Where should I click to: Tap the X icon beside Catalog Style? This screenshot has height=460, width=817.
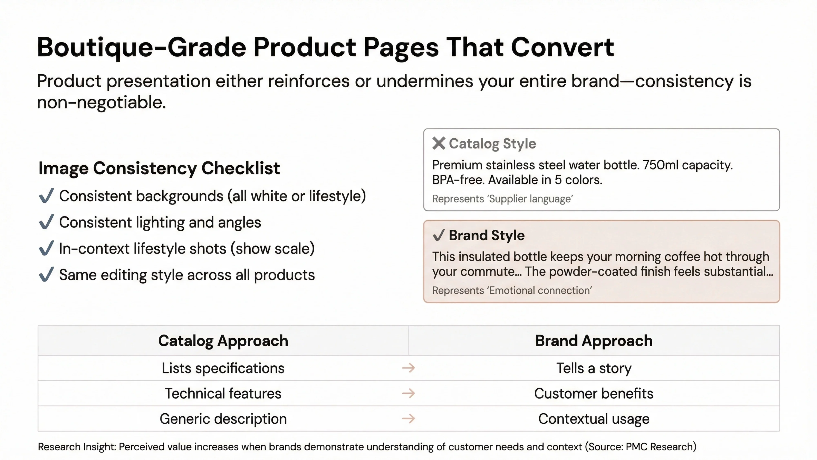439,144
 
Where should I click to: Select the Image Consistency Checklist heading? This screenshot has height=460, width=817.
159,168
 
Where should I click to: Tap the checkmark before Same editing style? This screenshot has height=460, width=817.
46,274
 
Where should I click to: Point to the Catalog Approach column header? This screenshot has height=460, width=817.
223,341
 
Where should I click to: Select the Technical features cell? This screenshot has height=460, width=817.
223,394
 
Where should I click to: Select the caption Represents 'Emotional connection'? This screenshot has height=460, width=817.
512,291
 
